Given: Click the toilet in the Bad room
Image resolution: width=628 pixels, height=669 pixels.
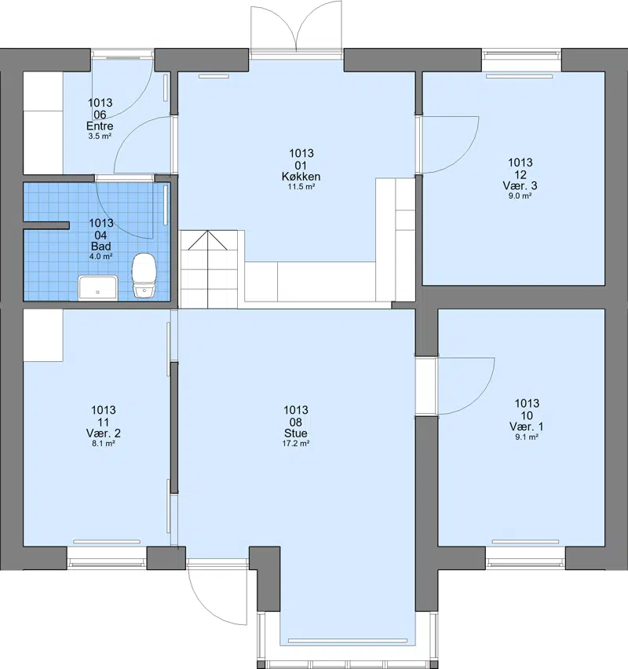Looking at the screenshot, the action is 144,276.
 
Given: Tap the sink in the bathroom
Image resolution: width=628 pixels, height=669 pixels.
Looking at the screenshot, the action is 97,287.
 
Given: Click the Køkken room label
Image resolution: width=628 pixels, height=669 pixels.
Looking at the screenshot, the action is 301,176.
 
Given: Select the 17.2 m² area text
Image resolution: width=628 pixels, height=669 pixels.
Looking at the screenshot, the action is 296,444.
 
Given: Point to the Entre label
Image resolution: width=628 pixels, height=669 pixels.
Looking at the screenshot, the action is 100,126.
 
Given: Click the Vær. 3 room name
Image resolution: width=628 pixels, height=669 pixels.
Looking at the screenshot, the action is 520,185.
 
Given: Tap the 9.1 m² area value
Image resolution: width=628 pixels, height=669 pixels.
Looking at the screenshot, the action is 527,437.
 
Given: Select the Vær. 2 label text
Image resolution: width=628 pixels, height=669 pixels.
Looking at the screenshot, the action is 104,433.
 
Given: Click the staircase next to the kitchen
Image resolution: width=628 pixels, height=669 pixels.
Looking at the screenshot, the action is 208,269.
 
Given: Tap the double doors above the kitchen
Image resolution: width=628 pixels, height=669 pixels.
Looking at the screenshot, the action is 297,30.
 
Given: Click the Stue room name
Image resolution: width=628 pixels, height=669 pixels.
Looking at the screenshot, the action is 296,433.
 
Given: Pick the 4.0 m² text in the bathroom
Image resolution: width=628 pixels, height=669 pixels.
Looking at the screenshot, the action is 100,257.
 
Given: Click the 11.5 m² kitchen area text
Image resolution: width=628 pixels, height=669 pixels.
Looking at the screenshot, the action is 301,186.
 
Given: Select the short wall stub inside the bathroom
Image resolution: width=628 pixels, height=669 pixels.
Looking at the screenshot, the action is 46,225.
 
